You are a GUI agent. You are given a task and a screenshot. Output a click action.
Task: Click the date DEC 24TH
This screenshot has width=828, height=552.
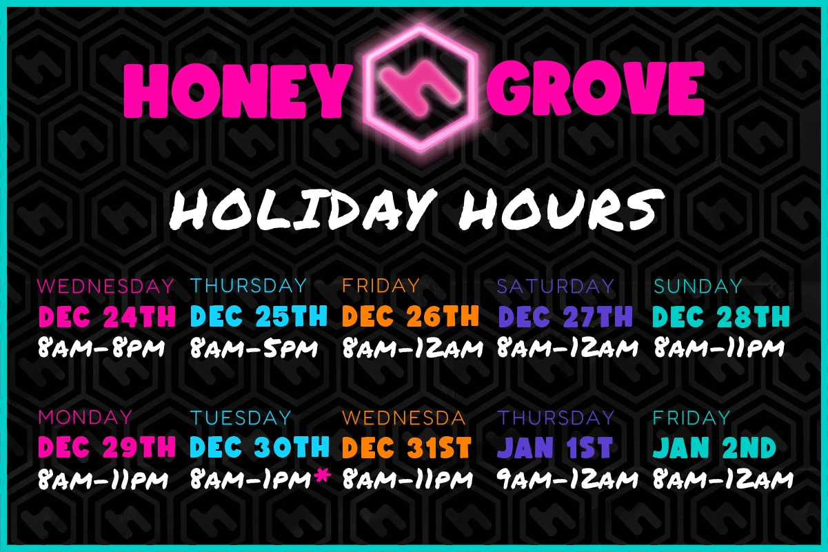click(x=107, y=316)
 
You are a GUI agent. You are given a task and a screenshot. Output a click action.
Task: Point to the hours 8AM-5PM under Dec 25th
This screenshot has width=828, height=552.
click(x=254, y=349)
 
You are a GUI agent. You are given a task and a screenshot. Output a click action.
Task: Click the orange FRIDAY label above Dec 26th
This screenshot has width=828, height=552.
click(x=381, y=285)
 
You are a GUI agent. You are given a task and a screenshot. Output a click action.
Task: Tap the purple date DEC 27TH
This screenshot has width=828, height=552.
click(x=565, y=316)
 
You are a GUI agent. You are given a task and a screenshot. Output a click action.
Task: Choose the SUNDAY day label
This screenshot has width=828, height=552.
click(x=698, y=285)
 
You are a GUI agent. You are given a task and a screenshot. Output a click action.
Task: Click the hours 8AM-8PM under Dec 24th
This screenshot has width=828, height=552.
click(x=101, y=349)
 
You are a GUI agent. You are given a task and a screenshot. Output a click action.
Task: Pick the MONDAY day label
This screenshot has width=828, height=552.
click(x=85, y=417)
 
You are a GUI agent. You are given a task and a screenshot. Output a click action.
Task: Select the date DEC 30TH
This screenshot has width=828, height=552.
click(x=259, y=448)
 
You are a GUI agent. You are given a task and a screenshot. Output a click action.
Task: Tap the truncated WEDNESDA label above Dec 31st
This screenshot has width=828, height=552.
click(x=404, y=418)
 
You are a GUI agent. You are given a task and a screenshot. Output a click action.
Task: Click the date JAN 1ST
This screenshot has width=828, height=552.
click(x=554, y=448)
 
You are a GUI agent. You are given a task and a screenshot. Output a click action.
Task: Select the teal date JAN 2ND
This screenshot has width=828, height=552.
click(x=714, y=448)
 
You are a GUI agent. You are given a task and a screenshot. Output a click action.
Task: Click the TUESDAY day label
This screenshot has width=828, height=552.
click(x=241, y=418)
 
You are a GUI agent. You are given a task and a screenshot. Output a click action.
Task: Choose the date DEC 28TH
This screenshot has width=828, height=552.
click(x=720, y=316)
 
